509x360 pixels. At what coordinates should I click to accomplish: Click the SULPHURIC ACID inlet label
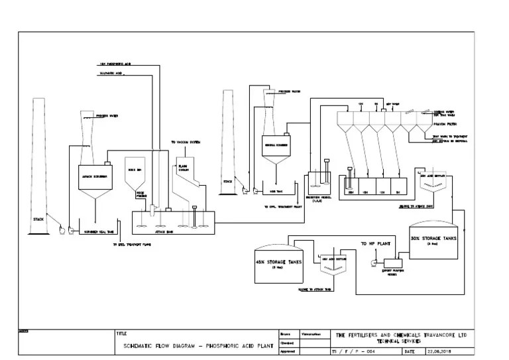click(111, 73)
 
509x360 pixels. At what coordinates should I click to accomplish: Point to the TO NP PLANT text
click(375, 244)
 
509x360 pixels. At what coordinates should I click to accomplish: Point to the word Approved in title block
click(288, 351)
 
